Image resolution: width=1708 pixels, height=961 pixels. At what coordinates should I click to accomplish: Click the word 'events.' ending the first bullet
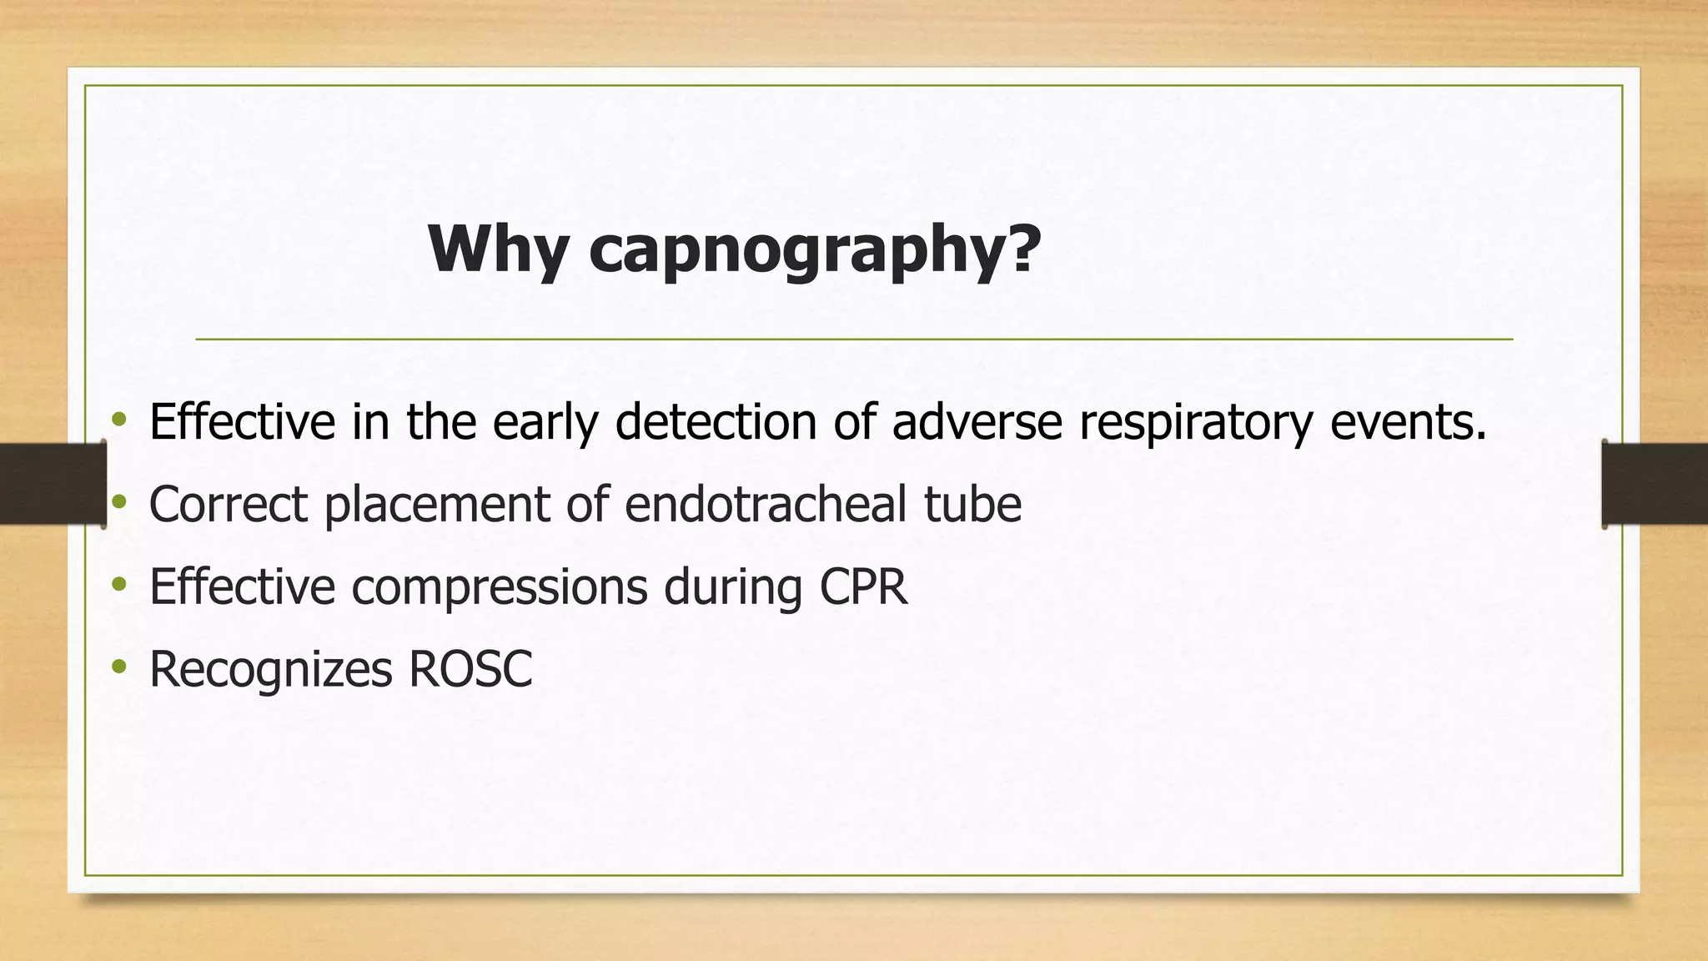[x=1409, y=421]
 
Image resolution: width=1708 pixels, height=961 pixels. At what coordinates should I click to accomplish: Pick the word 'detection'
[x=716, y=421]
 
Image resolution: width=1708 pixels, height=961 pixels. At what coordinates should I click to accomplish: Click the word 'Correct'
[x=229, y=504]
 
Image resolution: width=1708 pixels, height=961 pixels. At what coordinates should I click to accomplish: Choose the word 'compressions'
[x=500, y=587]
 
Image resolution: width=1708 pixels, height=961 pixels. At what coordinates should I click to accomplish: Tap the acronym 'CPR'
[x=863, y=586]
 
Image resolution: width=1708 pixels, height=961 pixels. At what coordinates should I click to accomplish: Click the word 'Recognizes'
[x=270, y=670]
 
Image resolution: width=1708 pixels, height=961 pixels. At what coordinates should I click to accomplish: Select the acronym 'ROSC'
[x=470, y=669]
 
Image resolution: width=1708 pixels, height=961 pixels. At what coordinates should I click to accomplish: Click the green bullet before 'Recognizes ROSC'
[x=119, y=666]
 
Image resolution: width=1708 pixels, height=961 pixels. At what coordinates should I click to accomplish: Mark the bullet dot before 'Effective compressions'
[x=119, y=583]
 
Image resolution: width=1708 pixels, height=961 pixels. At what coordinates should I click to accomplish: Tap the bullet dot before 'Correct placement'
[x=119, y=501]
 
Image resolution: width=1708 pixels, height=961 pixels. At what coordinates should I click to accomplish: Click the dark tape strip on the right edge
[x=1655, y=484]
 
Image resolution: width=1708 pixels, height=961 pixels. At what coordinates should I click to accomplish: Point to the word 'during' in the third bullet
[x=733, y=587]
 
